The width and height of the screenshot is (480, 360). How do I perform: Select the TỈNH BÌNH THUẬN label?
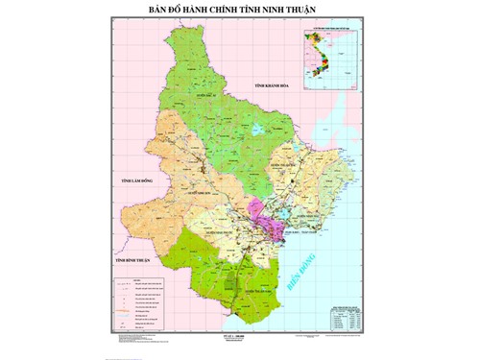pyautogui.click(x=132, y=261)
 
